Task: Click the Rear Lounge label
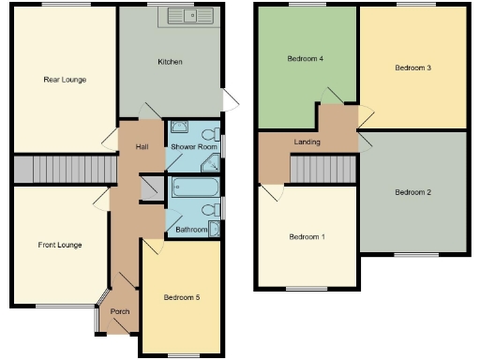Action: coord(65,80)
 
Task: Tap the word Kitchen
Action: coord(170,62)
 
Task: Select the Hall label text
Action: coord(142,146)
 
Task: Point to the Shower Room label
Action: coord(194,147)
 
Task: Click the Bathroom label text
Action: coord(191,229)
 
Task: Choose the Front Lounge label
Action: coord(60,245)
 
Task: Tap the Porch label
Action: coord(120,311)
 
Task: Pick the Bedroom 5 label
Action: coord(183,297)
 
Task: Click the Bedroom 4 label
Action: coord(305,58)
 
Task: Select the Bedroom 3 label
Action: coord(412,67)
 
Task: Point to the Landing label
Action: coord(307,142)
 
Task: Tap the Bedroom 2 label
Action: coord(412,192)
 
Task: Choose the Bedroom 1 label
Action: coord(306,236)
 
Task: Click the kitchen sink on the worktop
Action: coord(191,16)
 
